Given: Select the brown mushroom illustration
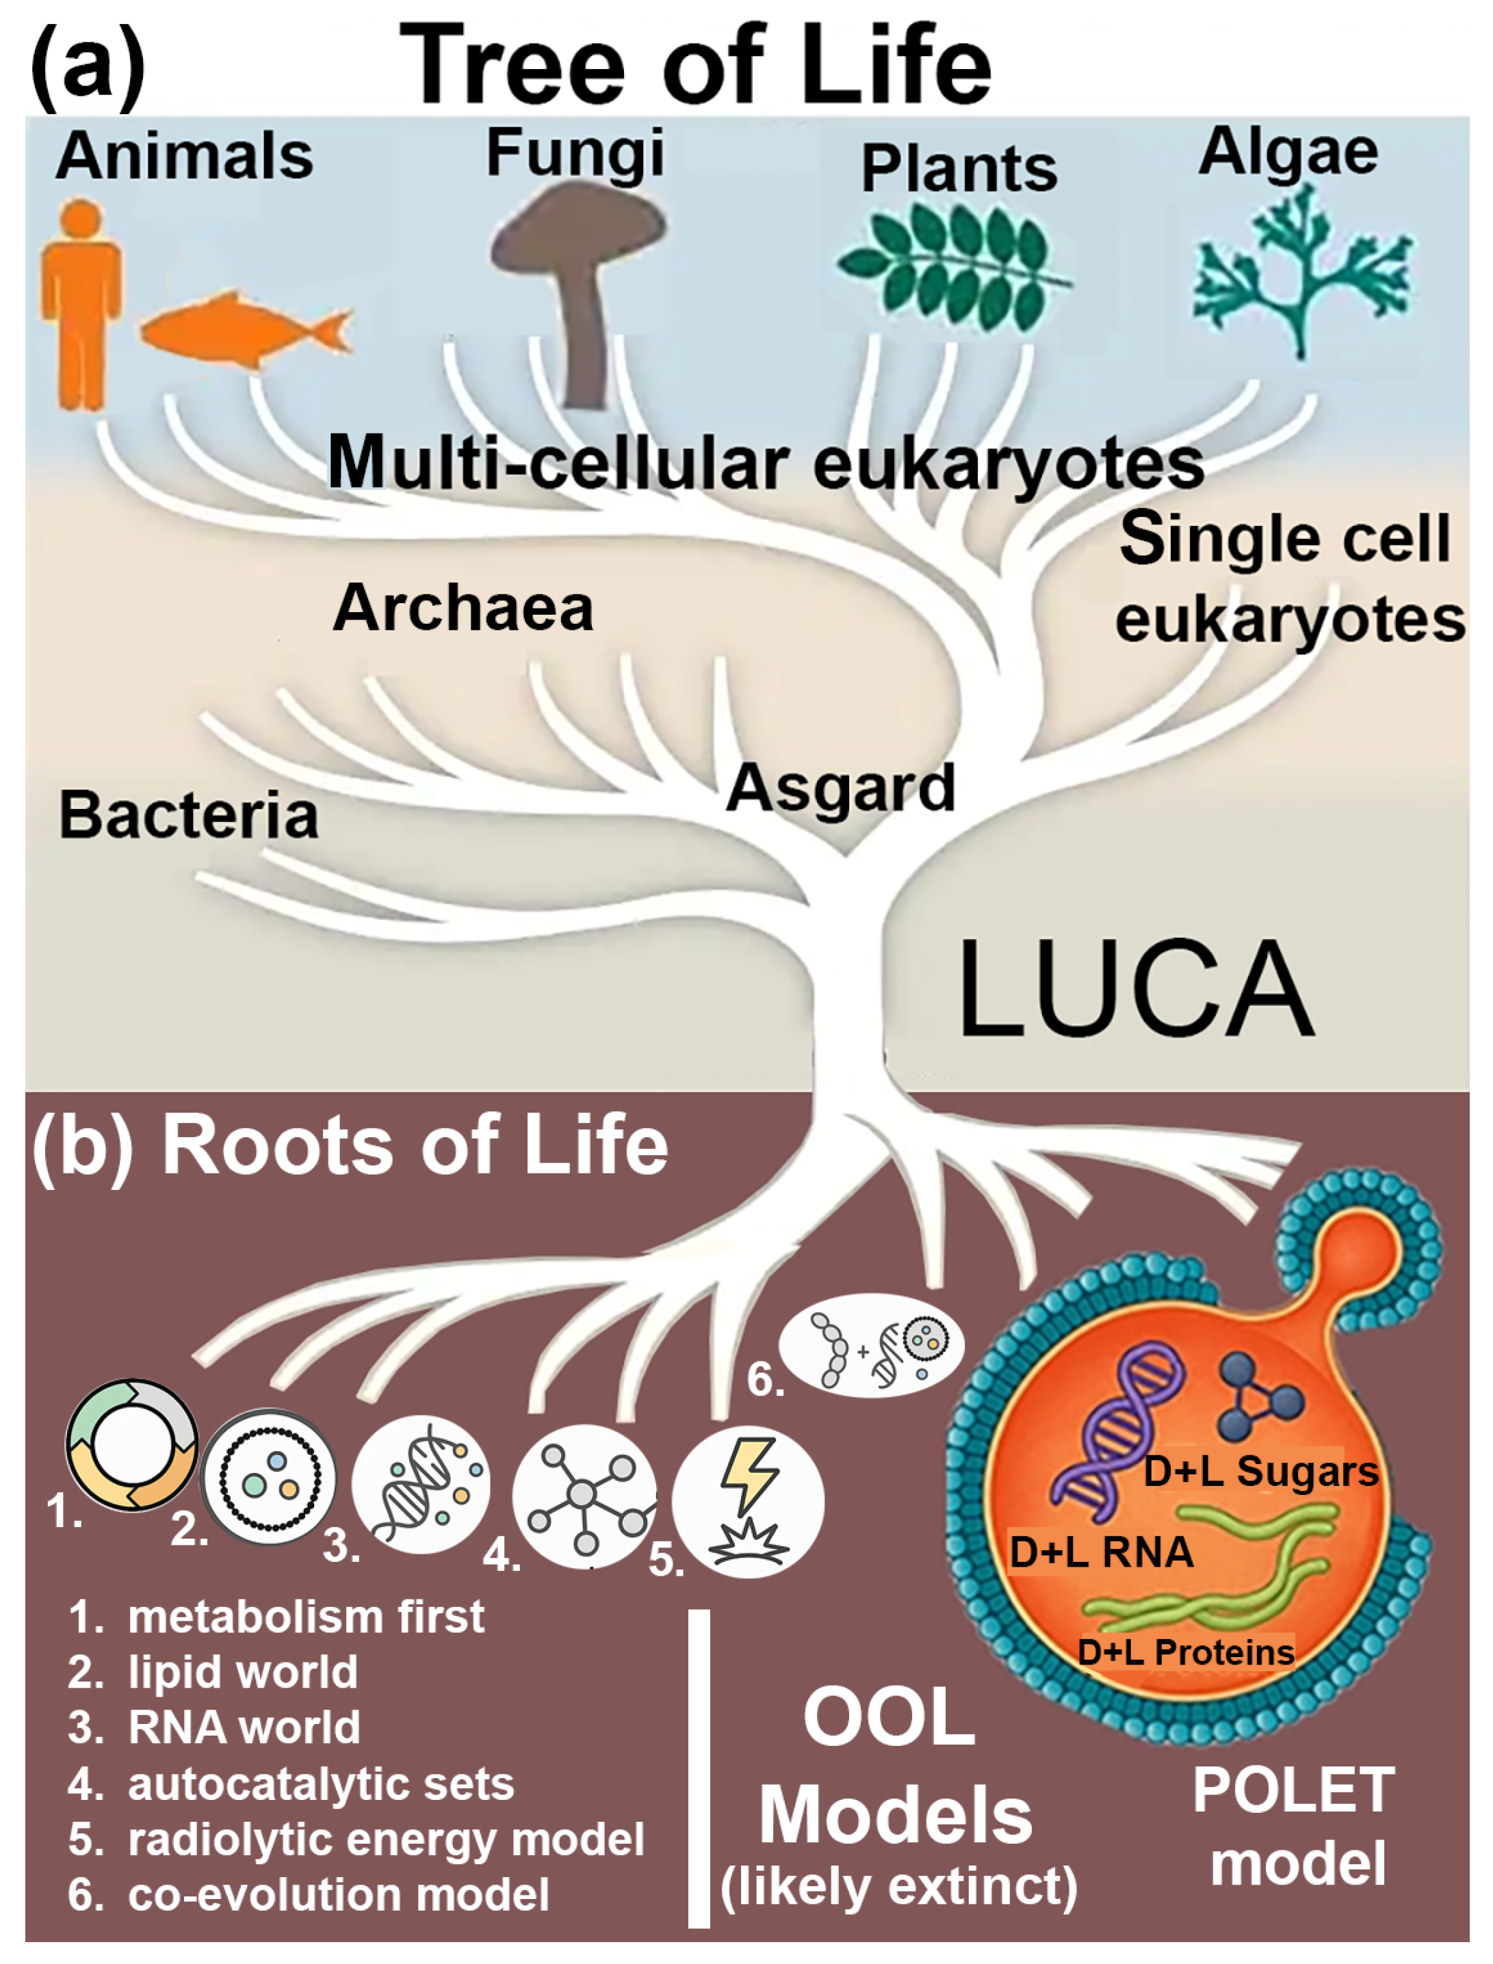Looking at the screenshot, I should point(577,284).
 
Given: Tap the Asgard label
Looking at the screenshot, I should point(840,788).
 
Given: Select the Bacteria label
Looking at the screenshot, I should point(188,815).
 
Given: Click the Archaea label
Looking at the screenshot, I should point(463,609).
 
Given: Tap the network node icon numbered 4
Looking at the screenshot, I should point(584,1495).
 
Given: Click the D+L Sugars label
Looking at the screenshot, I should point(1260,1471).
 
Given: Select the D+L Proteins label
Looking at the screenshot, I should point(1186,1652).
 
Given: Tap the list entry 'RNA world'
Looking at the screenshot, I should point(244,1727).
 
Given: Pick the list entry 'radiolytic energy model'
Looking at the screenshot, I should point(386,1840).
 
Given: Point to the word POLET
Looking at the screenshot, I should point(1293,1792).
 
